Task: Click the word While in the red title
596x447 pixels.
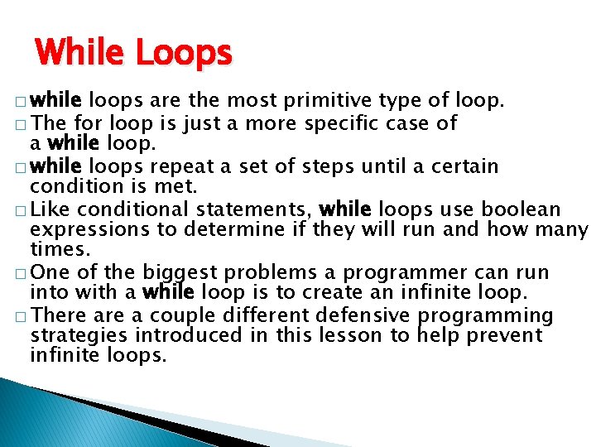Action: click(x=80, y=54)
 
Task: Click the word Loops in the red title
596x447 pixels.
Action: click(x=184, y=54)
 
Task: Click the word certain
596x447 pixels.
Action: click(x=464, y=166)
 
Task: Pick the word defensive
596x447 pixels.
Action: click(x=364, y=315)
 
